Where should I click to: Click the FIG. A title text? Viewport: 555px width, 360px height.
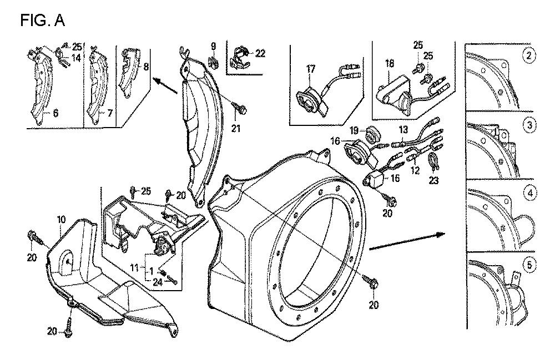43,21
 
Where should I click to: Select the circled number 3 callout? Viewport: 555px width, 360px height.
531,125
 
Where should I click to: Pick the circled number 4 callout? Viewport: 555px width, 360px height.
531,194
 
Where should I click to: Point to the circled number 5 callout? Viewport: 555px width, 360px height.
531,265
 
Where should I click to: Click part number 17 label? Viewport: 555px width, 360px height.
310,69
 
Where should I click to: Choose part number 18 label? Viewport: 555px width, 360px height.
389,64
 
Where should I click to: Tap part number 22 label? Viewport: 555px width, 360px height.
260,53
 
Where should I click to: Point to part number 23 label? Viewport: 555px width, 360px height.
433,180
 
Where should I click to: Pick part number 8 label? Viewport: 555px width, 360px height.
145,66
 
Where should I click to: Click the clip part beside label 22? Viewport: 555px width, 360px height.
240,54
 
